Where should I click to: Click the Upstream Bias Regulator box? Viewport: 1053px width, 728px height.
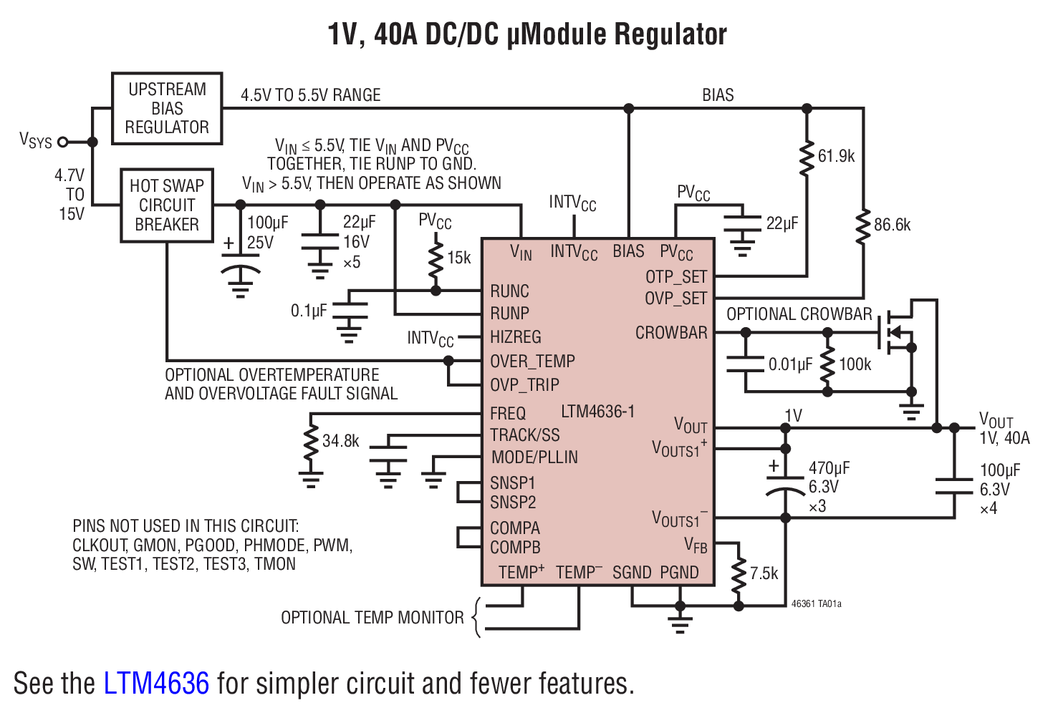click(167, 108)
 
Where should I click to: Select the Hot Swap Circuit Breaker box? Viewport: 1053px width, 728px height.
click(167, 205)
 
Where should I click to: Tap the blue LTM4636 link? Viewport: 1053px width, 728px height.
click(156, 684)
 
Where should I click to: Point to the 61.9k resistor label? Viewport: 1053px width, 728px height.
click(836, 156)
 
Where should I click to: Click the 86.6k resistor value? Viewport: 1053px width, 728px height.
click(892, 225)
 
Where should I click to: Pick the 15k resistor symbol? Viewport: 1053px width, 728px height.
click(436, 261)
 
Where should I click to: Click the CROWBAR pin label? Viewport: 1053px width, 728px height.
click(671, 333)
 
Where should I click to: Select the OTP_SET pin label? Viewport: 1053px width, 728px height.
click(675, 277)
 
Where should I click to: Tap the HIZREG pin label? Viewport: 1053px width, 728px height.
click(515, 337)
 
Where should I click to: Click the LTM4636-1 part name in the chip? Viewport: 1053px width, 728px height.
click(597, 412)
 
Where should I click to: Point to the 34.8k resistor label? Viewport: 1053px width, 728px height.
click(340, 441)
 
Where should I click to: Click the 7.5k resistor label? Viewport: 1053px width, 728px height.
click(764, 573)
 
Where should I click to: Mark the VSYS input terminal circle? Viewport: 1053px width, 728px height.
click(63, 142)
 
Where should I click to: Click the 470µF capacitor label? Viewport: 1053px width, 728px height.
click(829, 468)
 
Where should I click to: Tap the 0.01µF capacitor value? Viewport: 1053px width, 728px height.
click(790, 364)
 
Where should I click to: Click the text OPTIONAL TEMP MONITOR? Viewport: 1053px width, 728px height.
click(372, 618)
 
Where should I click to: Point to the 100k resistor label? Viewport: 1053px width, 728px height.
click(855, 364)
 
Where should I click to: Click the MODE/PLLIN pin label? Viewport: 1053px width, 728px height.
click(534, 457)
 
